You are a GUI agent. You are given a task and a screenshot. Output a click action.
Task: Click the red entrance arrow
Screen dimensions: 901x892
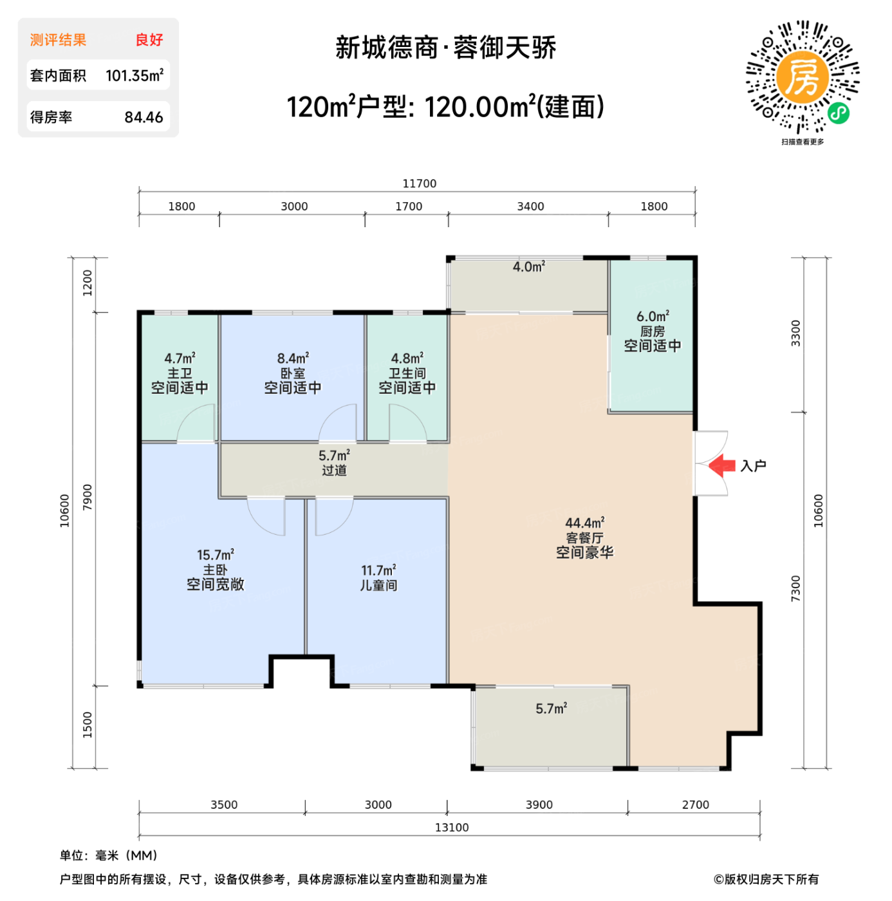pyautogui.click(x=722, y=465)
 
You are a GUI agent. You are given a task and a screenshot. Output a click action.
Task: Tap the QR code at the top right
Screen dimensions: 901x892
pyautogui.click(x=803, y=77)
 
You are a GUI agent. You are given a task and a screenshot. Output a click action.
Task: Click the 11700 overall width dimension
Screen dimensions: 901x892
pyautogui.click(x=419, y=184)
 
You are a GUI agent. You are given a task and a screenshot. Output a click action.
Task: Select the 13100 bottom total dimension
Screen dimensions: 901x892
pyautogui.click(x=451, y=828)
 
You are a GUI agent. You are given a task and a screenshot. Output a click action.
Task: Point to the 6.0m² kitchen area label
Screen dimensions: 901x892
pyautogui.click(x=653, y=317)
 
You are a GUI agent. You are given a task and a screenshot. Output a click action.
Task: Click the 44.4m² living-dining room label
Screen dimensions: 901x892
pyautogui.click(x=584, y=523)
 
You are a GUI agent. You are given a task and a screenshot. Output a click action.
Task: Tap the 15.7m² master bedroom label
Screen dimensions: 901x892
pyautogui.click(x=215, y=555)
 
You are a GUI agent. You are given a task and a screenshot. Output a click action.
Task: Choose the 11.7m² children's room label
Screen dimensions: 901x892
pyautogui.click(x=378, y=571)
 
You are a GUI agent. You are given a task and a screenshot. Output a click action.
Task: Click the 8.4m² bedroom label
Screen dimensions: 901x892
pyautogui.click(x=293, y=358)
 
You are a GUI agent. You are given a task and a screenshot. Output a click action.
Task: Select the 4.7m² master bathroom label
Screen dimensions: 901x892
pyautogui.click(x=180, y=358)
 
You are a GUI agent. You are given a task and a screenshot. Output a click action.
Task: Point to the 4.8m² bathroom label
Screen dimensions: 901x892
pyautogui.click(x=407, y=358)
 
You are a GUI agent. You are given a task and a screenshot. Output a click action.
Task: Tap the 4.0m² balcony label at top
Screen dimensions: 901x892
pyautogui.click(x=528, y=267)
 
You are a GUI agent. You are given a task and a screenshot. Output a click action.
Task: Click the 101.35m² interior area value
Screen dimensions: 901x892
pyautogui.click(x=134, y=76)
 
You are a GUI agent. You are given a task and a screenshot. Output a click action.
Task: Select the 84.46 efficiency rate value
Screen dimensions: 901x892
pyautogui.click(x=144, y=118)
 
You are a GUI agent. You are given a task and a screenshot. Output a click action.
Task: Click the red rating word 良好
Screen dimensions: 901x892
pyautogui.click(x=149, y=40)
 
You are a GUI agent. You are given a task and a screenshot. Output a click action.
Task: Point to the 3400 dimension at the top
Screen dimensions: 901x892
pyautogui.click(x=530, y=207)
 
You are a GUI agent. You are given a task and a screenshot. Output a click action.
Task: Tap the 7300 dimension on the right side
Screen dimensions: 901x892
pyautogui.click(x=796, y=589)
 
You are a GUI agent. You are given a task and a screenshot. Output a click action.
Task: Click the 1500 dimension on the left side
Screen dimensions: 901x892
pyautogui.click(x=88, y=725)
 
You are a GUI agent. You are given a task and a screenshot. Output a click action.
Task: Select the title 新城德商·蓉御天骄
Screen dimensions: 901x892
pyautogui.click(x=445, y=48)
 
